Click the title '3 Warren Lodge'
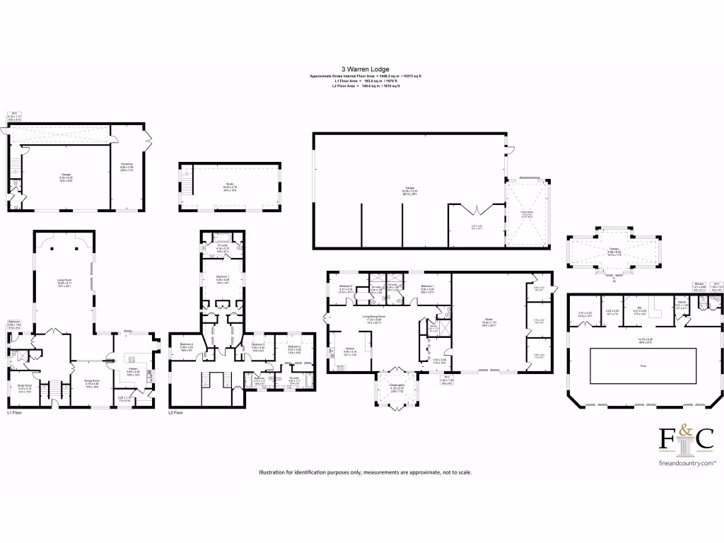[361, 69]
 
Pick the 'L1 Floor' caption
[16, 411]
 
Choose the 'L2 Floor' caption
[176, 411]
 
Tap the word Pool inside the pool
[622, 367]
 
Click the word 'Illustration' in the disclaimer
[274, 472]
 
